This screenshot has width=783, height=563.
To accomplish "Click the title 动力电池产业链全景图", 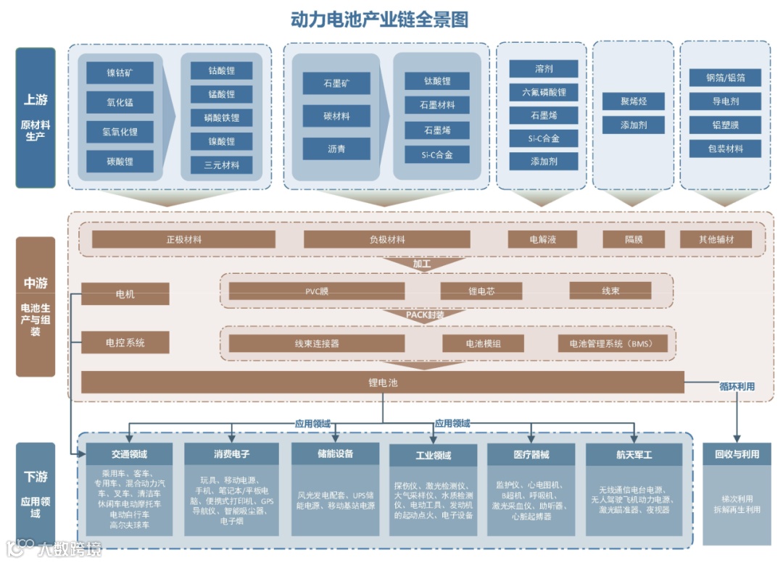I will coord(378,20).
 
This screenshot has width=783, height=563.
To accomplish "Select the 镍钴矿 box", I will coord(120,72).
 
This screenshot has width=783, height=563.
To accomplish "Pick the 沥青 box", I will coord(336,149).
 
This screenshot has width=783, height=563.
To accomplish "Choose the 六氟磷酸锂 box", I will coord(543,92).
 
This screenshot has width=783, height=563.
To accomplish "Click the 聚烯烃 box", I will coord(633,101).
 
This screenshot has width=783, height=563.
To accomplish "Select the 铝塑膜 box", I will coord(725,125).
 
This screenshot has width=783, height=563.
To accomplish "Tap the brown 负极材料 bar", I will coord(386,240).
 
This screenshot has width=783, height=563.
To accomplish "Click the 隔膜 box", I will coord(633,239).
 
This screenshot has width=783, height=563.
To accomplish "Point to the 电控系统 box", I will coord(125,342).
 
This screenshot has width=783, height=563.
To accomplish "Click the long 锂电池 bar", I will coord(382,382).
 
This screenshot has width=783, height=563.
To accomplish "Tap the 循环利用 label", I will coord(736,387).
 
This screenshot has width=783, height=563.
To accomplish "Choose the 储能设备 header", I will coord(335,454).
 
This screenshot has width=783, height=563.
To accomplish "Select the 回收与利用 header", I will coord(737,454).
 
